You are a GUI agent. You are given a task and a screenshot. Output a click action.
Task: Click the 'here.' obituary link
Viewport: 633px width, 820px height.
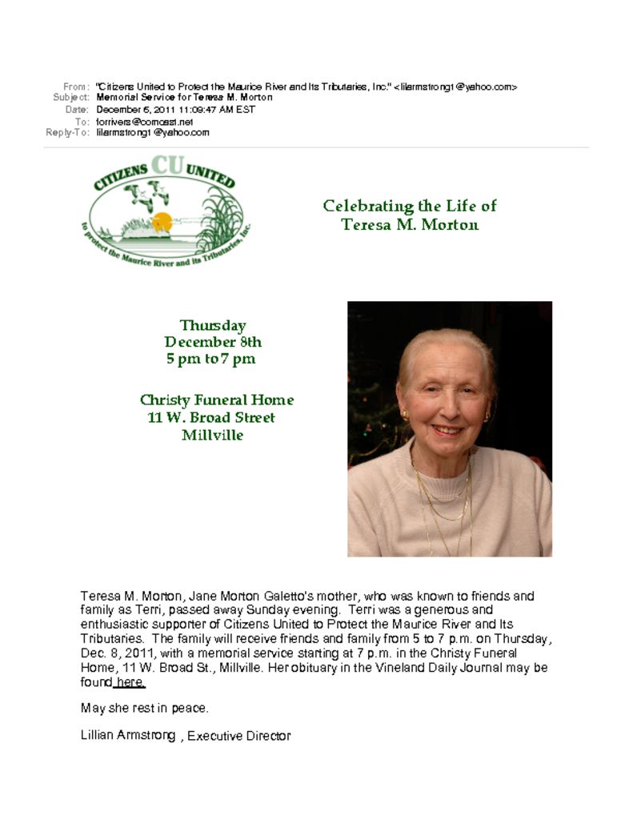pyautogui.click(x=130, y=682)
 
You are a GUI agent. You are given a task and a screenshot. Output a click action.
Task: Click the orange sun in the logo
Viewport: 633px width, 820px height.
pyautogui.click(x=162, y=222)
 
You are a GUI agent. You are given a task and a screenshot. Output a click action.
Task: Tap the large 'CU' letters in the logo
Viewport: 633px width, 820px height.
pyautogui.click(x=167, y=165)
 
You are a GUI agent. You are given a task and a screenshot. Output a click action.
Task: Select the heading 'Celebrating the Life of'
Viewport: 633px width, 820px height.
pyautogui.click(x=410, y=206)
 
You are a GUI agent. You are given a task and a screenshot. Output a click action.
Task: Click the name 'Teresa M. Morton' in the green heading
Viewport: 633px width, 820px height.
pyautogui.click(x=410, y=224)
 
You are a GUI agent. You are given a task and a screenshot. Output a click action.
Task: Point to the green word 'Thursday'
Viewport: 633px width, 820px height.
pyautogui.click(x=213, y=325)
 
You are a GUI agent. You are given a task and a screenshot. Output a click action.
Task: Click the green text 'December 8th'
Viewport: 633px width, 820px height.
pyautogui.click(x=213, y=342)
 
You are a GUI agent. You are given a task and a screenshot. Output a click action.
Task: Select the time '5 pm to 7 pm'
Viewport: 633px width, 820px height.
pyautogui.click(x=211, y=359)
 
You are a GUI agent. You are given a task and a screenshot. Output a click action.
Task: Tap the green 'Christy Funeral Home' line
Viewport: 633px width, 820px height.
pyautogui.click(x=217, y=400)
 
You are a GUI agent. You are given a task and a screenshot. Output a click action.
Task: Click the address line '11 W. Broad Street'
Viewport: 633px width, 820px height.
pyautogui.click(x=211, y=417)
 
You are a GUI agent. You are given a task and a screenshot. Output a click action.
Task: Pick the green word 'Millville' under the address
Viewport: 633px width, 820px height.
pyautogui.click(x=212, y=436)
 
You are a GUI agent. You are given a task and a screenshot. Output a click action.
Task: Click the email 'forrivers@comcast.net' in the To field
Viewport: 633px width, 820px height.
pyautogui.click(x=145, y=122)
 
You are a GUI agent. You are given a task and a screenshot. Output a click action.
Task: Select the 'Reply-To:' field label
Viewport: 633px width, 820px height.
pyautogui.click(x=67, y=133)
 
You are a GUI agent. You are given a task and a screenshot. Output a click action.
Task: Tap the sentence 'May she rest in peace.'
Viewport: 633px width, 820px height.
pyautogui.click(x=145, y=709)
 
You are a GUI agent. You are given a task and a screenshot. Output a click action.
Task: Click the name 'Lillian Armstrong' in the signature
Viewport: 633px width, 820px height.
pyautogui.click(x=128, y=735)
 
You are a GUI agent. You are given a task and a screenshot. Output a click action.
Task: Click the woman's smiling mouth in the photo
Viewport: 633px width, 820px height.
pyautogui.click(x=447, y=430)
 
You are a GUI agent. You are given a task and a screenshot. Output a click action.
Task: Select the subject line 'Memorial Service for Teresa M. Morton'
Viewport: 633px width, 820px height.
pyautogui.click(x=184, y=98)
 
